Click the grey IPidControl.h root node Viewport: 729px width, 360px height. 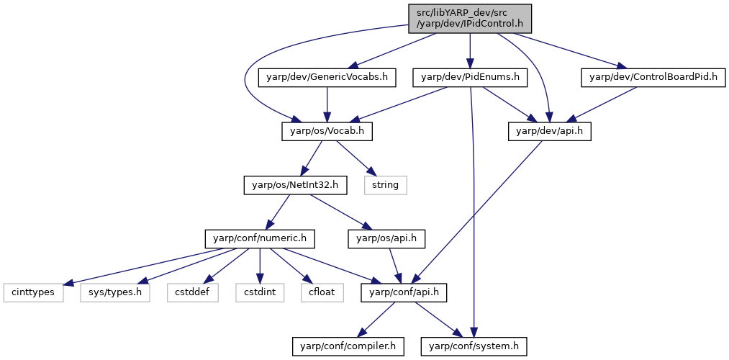(470, 19)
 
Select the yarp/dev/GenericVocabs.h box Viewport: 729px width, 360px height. (327, 78)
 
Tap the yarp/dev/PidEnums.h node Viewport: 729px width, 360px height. (470, 78)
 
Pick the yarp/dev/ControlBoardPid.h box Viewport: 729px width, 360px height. (653, 78)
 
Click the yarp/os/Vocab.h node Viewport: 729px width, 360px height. (327, 132)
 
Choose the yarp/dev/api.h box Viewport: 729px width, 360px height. (550, 132)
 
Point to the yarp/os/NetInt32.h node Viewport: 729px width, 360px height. (290, 186)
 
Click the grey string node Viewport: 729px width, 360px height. (386, 186)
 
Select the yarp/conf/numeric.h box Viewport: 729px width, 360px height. (259, 239)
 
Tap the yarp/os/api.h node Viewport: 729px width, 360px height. (386, 239)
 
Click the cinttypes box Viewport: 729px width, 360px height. (33, 293)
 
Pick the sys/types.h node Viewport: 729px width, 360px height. (115, 293)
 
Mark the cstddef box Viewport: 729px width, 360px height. (193, 293)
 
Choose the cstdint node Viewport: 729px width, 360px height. (259, 293)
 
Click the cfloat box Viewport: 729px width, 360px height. (322, 293)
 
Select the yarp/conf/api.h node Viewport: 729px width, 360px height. (404, 293)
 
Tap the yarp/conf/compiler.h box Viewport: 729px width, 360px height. (348, 346)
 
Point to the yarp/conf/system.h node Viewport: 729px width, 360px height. (474, 346)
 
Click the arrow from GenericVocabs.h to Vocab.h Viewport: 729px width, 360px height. (327, 105)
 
